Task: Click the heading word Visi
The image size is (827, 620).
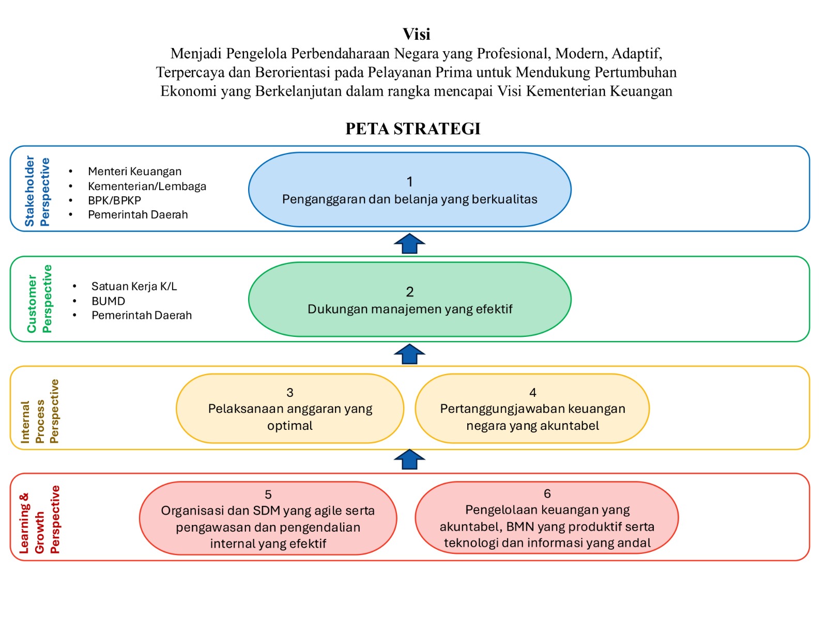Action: click(x=416, y=34)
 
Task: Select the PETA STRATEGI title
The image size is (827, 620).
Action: click(x=413, y=129)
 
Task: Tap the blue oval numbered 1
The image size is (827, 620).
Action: click(x=409, y=190)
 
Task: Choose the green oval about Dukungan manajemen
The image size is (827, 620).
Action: click(x=409, y=300)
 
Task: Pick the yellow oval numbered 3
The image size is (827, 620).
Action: click(x=289, y=409)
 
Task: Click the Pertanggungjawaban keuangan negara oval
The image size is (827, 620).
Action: click(x=532, y=409)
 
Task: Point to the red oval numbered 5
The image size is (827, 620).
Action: click(x=268, y=518)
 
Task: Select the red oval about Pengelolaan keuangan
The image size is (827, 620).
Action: click(x=547, y=518)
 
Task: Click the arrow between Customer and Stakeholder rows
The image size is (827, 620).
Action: click(x=409, y=244)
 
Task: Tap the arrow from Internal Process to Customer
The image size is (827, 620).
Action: click(x=409, y=354)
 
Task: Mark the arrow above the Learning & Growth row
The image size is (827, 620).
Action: click(x=409, y=459)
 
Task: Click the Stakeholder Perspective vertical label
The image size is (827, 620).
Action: click(x=37, y=191)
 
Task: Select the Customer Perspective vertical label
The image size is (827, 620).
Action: click(x=39, y=299)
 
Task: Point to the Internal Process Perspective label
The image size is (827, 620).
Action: click(x=40, y=411)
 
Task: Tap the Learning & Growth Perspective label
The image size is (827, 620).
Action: click(x=40, y=520)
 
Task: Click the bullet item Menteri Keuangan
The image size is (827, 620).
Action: click(x=134, y=172)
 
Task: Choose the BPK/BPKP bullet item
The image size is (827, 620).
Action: click(x=114, y=200)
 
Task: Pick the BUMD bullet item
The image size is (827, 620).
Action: click(x=108, y=301)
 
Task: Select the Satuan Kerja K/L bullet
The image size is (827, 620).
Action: click(x=134, y=286)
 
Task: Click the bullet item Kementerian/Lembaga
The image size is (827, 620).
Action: click(x=147, y=186)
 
